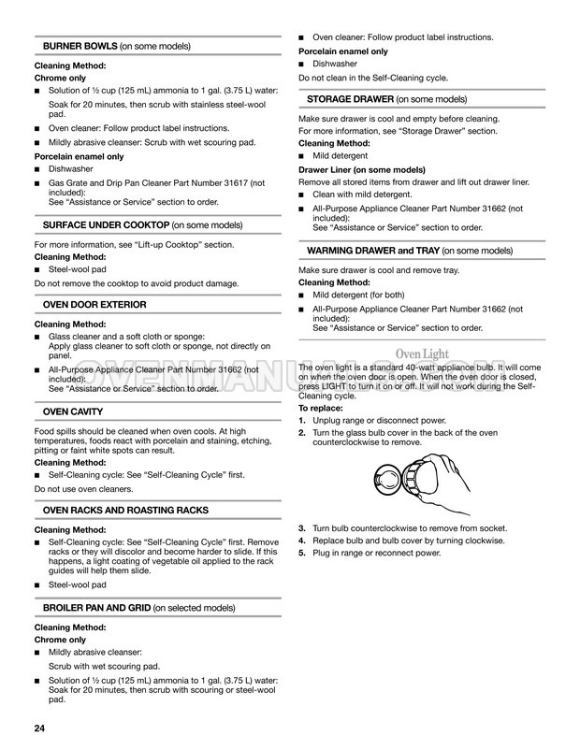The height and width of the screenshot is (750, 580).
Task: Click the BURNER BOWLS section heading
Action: coord(80,46)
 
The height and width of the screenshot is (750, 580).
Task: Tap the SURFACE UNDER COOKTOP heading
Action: coord(106,225)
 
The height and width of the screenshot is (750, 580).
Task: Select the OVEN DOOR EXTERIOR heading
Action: coord(94,305)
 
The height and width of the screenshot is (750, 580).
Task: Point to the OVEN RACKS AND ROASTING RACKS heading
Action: coord(125,511)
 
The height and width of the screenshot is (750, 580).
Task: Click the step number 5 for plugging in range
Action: coord(302,553)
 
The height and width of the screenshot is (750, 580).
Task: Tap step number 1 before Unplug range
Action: coord(302,421)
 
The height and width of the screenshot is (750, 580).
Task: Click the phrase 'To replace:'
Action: coord(320,409)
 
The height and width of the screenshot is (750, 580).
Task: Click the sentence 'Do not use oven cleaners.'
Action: coord(83,488)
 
